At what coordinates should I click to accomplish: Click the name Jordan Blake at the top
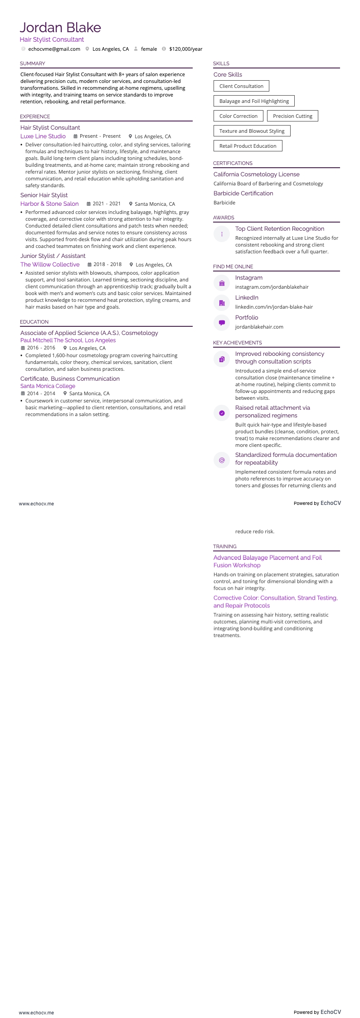[x=60, y=28]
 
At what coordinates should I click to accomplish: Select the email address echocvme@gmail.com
[x=54, y=49]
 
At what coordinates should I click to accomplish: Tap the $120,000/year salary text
[x=185, y=49]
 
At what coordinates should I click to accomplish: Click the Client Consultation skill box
[x=241, y=86]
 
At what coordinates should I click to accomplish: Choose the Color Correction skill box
[x=238, y=116]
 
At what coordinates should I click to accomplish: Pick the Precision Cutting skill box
[x=292, y=116]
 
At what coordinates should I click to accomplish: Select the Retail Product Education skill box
[x=248, y=146]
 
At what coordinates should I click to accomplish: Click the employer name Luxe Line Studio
[x=43, y=136]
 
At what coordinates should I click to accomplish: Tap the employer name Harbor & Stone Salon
[x=49, y=204]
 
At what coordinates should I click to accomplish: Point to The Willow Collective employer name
[x=50, y=265]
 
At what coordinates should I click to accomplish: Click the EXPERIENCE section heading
[x=35, y=116]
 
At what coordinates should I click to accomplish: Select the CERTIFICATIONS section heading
[x=233, y=163]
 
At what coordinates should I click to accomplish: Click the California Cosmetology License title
[x=256, y=175]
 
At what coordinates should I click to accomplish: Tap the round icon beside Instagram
[x=222, y=283]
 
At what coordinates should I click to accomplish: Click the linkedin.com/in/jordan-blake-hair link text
[x=274, y=307]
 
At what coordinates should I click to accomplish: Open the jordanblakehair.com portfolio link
[x=259, y=327]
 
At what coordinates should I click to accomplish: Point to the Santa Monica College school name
[x=48, y=386]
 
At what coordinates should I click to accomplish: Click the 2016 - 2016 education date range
[x=41, y=348]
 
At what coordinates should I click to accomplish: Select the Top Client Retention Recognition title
[x=279, y=229]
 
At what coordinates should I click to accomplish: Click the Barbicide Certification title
[x=243, y=194]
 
